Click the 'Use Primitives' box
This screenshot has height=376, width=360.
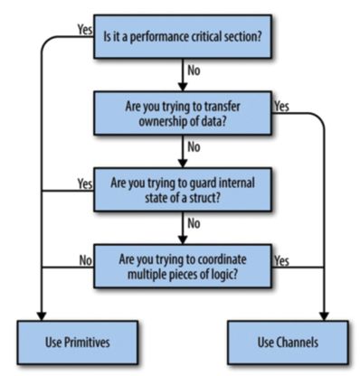pyautogui.click(x=78, y=343)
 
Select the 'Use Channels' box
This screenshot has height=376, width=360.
pyautogui.click(x=288, y=343)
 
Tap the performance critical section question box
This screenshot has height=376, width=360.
pyautogui.click(x=183, y=36)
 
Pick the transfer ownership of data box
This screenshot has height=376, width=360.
pyautogui.click(x=183, y=113)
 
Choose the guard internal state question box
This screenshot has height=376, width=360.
pyautogui.click(x=183, y=190)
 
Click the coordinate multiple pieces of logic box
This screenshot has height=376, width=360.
pyautogui.click(x=183, y=267)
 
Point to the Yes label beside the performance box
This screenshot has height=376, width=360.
pyautogui.click(x=85, y=30)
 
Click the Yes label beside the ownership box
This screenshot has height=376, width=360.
pyautogui.click(x=281, y=107)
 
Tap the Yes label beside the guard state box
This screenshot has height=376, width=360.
pyautogui.click(x=85, y=183)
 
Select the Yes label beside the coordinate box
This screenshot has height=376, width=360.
pyautogui.click(x=281, y=260)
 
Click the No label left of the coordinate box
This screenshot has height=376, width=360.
pyautogui.click(x=86, y=260)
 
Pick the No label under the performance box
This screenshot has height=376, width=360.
pyautogui.click(x=194, y=70)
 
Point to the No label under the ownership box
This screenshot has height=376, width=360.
pyautogui.click(x=194, y=147)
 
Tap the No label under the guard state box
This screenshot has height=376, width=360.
pyautogui.click(x=194, y=223)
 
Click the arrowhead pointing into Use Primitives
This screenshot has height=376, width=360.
pyautogui.click(x=42, y=316)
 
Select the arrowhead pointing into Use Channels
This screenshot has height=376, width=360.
pyautogui.click(x=324, y=316)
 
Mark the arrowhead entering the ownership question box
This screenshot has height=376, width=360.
pyautogui.click(x=183, y=87)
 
